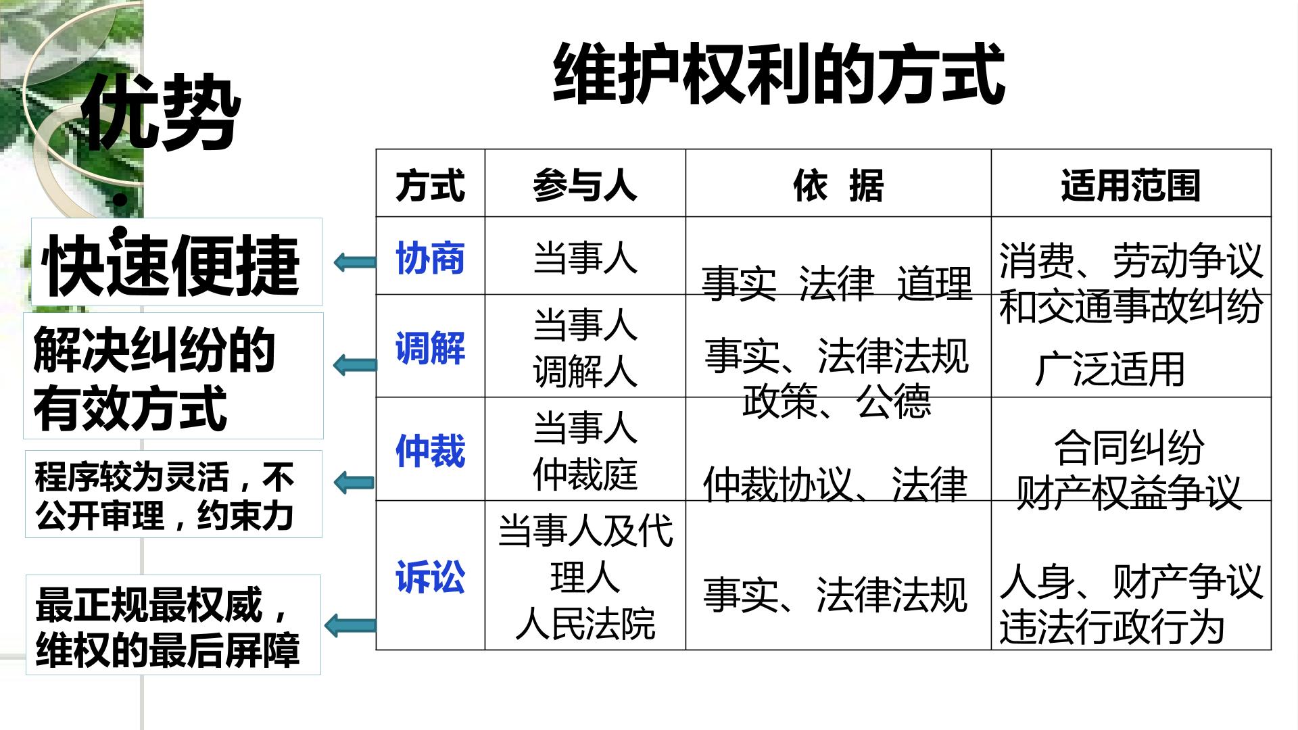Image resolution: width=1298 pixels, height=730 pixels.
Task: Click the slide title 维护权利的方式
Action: click(x=779, y=74)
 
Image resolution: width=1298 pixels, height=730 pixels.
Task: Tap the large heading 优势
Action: click(x=161, y=112)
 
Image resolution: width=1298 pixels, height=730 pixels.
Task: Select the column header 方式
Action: click(x=431, y=185)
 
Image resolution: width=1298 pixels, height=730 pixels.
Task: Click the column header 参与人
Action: click(x=585, y=185)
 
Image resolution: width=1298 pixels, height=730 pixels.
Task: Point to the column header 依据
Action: click(x=838, y=185)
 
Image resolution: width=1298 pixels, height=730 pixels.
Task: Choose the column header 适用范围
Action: click(x=1131, y=185)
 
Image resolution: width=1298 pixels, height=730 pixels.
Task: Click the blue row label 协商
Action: click(x=431, y=258)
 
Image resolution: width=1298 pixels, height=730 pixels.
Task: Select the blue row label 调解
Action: click(x=431, y=348)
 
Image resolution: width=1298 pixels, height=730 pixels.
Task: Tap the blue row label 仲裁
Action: click(x=431, y=451)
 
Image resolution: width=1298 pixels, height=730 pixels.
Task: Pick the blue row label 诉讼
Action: click(x=431, y=578)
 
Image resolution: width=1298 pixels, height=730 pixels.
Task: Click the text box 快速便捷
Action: click(x=176, y=262)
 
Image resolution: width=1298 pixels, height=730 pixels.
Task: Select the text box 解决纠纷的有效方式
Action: click(x=174, y=376)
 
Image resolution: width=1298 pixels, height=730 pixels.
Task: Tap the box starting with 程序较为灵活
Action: click(x=174, y=494)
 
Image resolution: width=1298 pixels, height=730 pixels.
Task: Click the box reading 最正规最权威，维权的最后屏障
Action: click(x=173, y=625)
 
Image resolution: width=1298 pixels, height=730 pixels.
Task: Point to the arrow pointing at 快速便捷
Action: click(x=356, y=262)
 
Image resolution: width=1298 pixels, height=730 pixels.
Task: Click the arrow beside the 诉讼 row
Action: click(x=350, y=625)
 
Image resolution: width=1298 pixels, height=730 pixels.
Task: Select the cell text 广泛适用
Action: click(x=1109, y=370)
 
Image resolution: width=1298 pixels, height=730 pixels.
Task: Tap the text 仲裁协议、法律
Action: click(x=836, y=485)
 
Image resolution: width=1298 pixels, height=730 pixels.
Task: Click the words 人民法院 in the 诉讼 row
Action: click(x=585, y=624)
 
